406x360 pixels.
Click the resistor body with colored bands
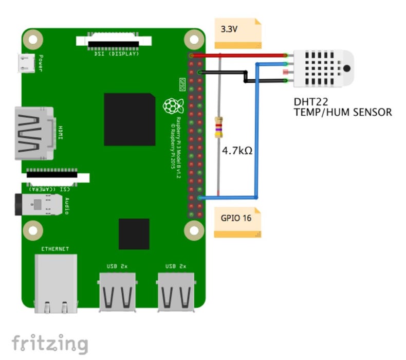[219, 127]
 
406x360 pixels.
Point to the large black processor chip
[130, 119]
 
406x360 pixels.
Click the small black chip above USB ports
[134, 233]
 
